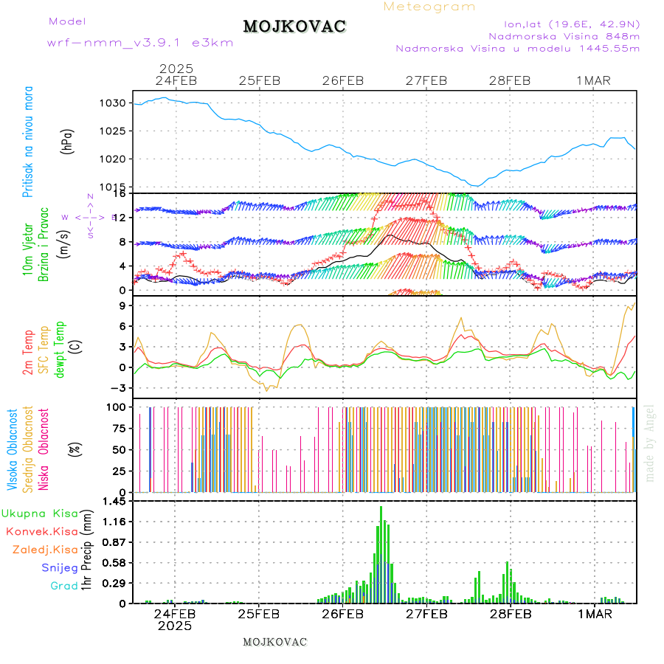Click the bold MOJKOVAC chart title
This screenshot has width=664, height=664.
[x=294, y=27]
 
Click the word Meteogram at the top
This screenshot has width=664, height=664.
[x=429, y=7]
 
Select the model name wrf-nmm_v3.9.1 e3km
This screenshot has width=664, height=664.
[x=140, y=43]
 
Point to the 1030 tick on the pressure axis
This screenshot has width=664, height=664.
[x=114, y=103]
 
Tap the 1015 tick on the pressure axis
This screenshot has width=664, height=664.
[x=114, y=187]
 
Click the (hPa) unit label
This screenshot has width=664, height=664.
[x=68, y=140]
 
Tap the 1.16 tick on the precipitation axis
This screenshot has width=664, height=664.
[x=113, y=522]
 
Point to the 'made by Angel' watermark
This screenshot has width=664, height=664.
[x=650, y=443]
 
